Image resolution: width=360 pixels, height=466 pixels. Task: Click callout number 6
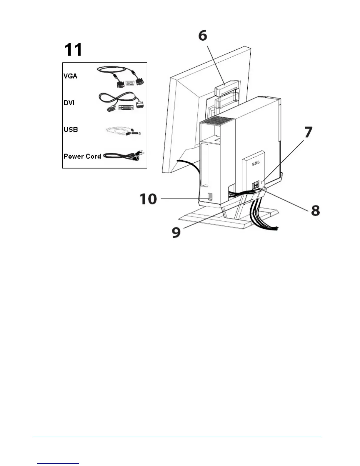202,36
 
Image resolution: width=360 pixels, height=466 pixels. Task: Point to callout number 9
176,232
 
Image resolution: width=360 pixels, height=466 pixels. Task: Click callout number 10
148,199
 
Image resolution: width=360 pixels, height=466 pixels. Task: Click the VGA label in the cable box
70,76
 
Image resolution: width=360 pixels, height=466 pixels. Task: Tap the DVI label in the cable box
69,103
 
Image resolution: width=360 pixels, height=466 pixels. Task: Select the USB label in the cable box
71,129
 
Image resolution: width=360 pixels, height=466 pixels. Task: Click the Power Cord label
82,156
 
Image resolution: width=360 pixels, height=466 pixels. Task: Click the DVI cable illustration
121,101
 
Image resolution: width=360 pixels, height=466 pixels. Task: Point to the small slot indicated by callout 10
209,197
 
